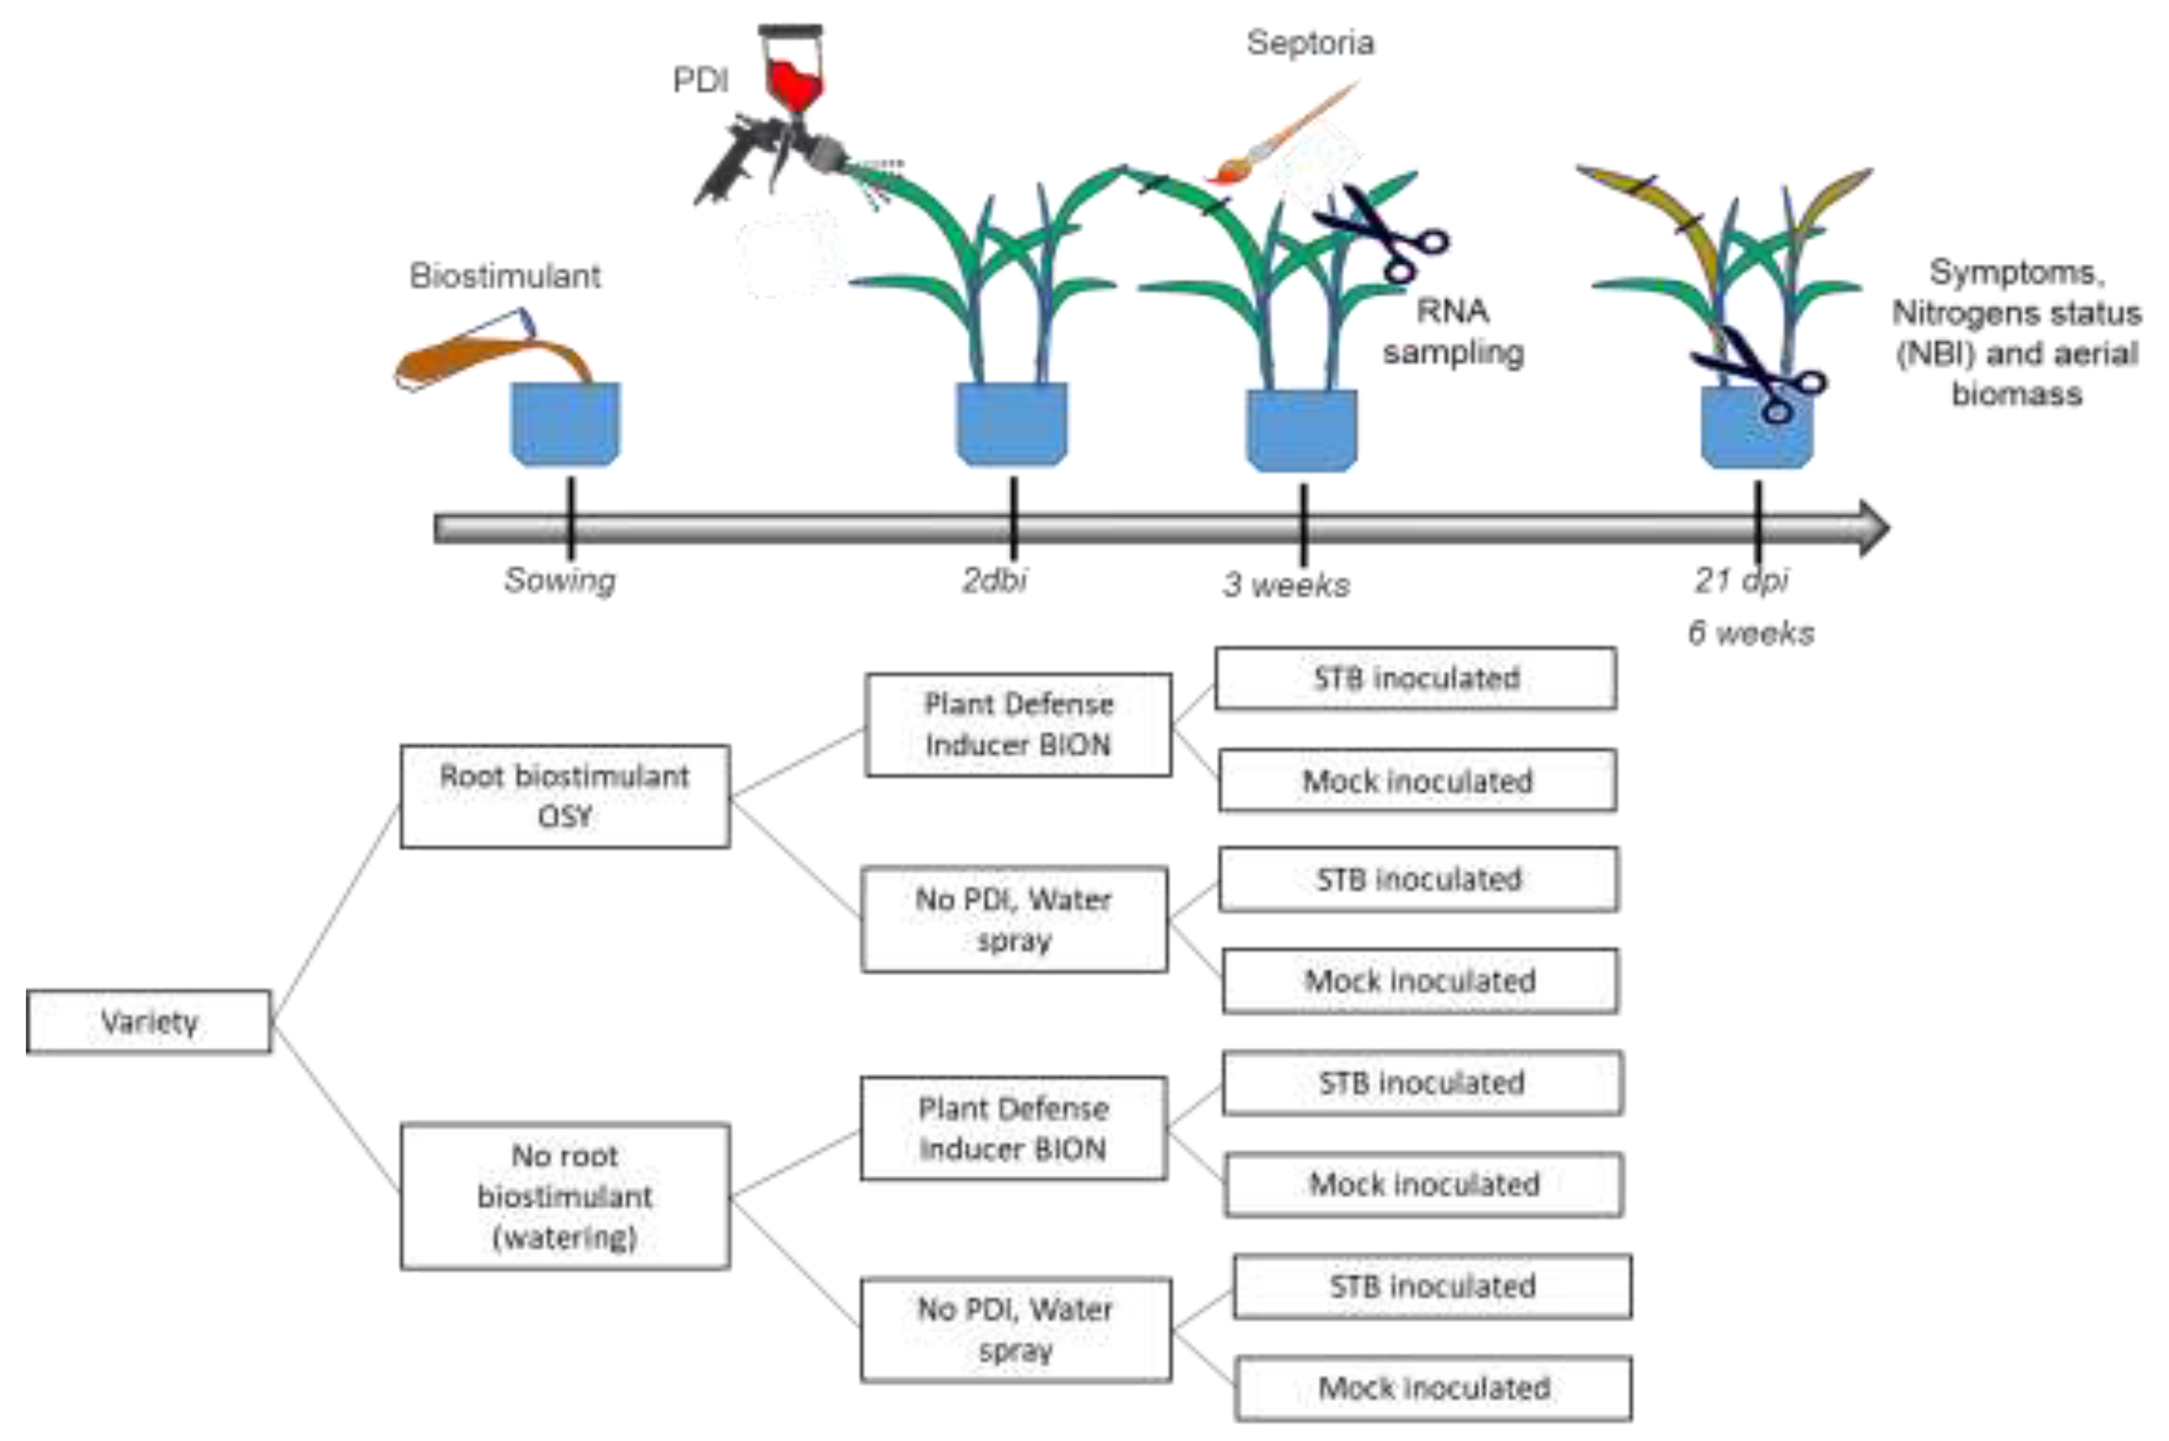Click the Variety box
point(149,1021)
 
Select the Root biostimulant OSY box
point(565,796)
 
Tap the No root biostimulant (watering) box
point(565,1196)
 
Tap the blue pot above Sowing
point(565,424)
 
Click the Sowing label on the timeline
point(560,581)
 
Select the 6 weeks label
point(1751,633)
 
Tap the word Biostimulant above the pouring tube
point(504,276)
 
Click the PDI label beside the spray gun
point(700,81)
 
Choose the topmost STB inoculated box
point(1415,678)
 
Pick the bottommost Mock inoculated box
point(1434,1388)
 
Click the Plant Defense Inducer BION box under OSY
point(1018,724)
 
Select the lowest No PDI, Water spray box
point(1016,1329)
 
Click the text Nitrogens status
point(2017,313)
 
